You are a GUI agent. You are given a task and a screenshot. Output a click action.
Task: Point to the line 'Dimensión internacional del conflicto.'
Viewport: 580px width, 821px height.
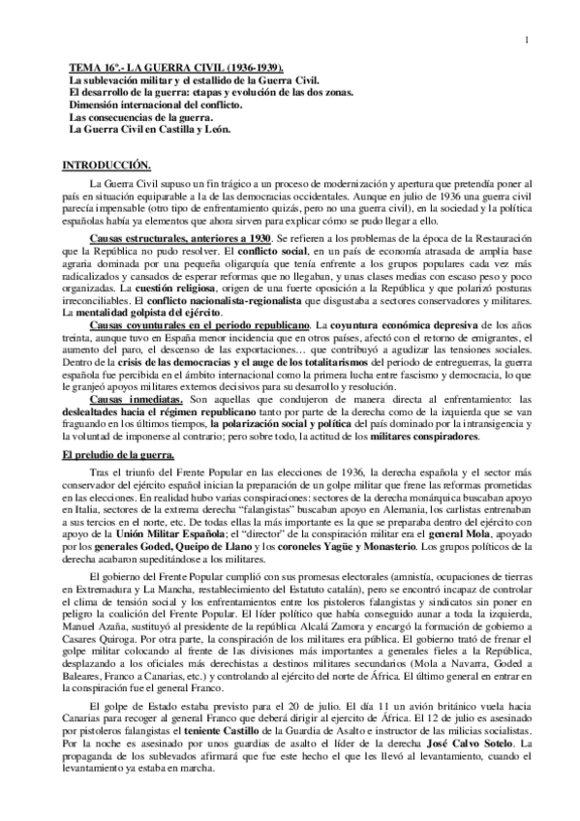click(158, 99)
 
